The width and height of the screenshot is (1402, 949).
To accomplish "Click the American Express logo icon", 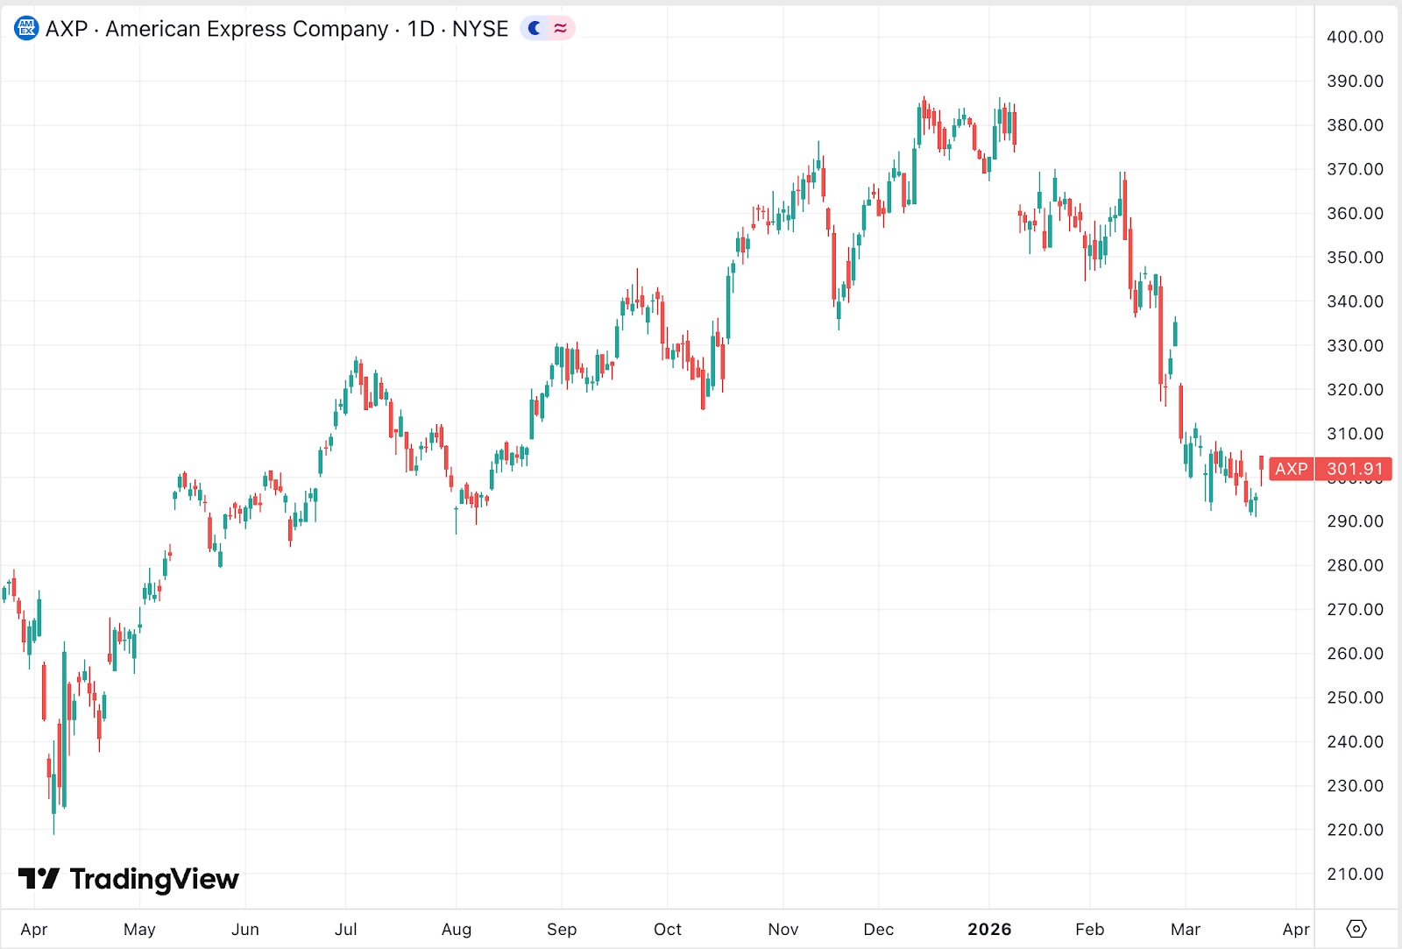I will coord(26,29).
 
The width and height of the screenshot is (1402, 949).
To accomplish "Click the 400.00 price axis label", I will coord(1355,37).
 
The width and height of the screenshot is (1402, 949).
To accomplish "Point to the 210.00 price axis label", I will coord(1355,874).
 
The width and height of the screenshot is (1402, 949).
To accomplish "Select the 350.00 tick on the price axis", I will coord(1355,258).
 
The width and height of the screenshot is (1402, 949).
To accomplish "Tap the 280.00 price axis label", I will coord(1355,565).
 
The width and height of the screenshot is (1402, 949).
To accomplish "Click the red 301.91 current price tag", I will coord(1354,469).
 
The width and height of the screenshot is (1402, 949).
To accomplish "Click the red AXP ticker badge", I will coord(1291,469).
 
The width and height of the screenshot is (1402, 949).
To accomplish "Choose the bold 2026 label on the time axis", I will coord(989,929).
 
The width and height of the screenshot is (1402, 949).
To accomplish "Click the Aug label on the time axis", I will coord(456,929).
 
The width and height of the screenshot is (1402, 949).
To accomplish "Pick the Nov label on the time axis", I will coord(782,929).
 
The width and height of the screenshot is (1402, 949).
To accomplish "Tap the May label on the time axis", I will coord(139,929).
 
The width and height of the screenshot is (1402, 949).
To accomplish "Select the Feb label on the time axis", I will coord(1089,929).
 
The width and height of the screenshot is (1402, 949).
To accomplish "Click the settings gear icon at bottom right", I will coord(1356,929).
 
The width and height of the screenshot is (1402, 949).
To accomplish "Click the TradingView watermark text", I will coord(153,879).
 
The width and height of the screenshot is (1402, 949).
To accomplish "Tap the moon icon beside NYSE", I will coord(535,29).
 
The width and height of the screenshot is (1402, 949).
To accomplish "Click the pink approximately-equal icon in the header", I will coord(561,29).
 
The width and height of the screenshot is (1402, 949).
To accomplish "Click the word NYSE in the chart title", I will coord(480,29).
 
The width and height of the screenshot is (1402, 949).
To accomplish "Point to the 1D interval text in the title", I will coord(421,29).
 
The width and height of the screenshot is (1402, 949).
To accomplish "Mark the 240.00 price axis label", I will coord(1355,741).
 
